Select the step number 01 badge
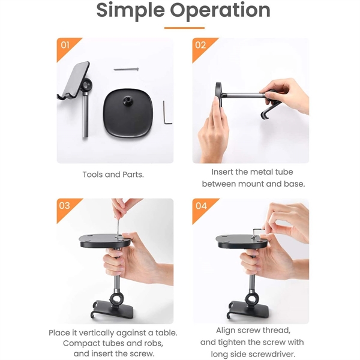tap(64, 46)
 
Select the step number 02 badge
tap(200, 46)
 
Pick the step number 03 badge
tap(64, 206)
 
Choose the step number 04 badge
tap(200, 206)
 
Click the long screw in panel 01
tap(125, 68)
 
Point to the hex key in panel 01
tap(167, 113)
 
